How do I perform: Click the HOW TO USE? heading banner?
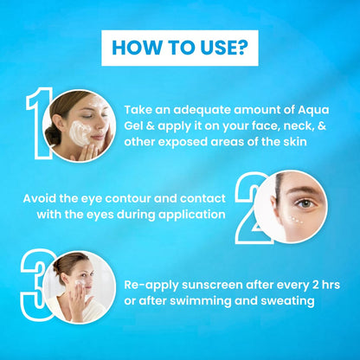tap(180, 48)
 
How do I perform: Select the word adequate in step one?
tap(196, 110)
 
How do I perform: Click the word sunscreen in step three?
tap(213, 284)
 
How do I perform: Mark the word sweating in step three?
tap(286, 300)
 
